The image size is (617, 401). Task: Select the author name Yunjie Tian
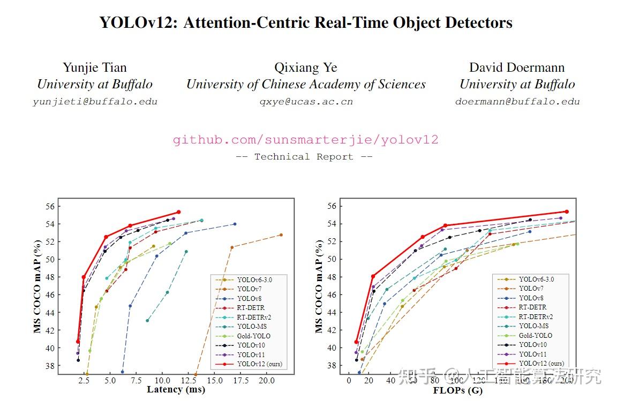pyautogui.click(x=95, y=67)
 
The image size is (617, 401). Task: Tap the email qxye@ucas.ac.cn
pyautogui.click(x=306, y=102)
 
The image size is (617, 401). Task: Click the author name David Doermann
pyautogui.click(x=517, y=67)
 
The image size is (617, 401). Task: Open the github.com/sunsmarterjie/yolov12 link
pyautogui.click(x=305, y=140)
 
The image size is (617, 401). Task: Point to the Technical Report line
pyautogui.click(x=304, y=157)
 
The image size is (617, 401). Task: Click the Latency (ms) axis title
pyautogui.click(x=176, y=389)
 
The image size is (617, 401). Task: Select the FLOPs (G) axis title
pyautogui.click(x=457, y=390)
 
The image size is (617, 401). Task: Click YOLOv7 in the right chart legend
pyautogui.click(x=532, y=289)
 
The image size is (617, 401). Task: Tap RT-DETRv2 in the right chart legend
pyautogui.click(x=536, y=317)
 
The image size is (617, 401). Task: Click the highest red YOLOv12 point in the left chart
pyautogui.click(x=178, y=212)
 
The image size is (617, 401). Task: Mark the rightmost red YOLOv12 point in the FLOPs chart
pyautogui.click(x=566, y=211)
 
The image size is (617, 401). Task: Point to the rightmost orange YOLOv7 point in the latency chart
pyautogui.click(x=281, y=235)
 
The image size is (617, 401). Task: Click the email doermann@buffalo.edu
pyautogui.click(x=517, y=102)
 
